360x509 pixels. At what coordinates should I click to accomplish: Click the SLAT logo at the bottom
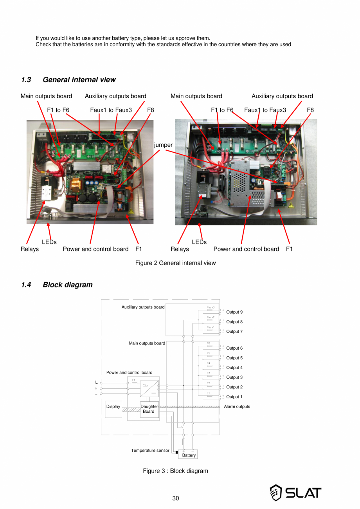295,493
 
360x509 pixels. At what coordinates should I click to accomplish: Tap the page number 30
176,498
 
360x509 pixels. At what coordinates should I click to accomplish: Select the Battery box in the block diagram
189,455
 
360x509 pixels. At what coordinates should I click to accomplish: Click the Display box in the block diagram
113,409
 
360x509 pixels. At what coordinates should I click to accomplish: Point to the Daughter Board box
149,409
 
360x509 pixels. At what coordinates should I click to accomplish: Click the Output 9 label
234,312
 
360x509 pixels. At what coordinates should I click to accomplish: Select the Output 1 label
234,397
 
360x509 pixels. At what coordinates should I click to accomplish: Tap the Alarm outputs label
237,406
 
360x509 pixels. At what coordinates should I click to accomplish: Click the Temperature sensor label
150,451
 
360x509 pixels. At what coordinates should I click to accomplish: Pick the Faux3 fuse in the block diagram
210,310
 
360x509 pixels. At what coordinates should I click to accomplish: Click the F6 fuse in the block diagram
209,346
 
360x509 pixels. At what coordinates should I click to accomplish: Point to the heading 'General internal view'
79,80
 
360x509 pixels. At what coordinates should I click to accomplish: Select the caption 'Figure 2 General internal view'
175,263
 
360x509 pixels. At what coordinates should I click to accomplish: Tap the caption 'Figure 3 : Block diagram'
175,471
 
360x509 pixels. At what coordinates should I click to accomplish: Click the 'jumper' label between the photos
163,145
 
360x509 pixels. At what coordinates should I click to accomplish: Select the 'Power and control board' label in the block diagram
129,372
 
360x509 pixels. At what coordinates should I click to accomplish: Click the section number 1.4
26,285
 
